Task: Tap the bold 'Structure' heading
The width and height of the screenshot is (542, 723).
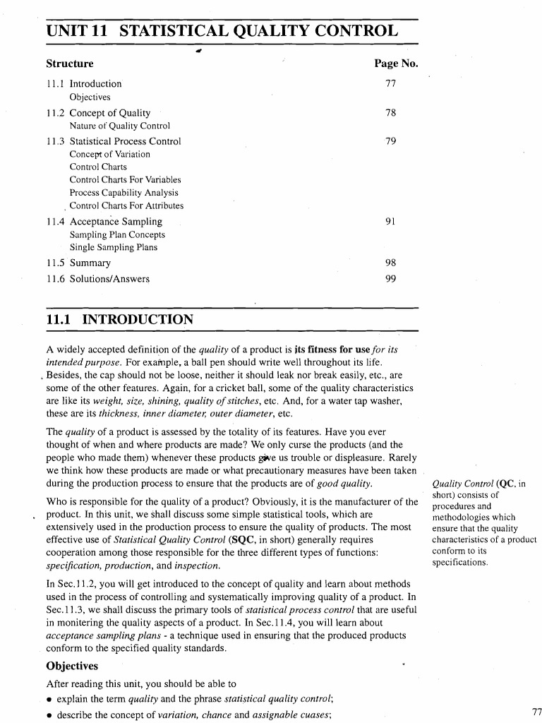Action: [69, 64]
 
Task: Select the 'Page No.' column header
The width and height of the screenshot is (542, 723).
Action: [397, 64]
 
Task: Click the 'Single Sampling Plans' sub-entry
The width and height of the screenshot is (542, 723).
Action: [114, 247]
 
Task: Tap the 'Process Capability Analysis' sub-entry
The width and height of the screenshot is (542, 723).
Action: [124, 192]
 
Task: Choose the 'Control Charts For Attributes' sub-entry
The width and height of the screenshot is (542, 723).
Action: [126, 205]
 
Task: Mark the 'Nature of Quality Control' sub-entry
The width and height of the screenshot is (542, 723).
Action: [120, 126]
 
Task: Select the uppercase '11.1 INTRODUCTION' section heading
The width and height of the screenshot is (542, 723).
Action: [119, 319]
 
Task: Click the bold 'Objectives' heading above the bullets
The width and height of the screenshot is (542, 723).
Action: [72, 666]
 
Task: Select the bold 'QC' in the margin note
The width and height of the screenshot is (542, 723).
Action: [506, 484]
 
